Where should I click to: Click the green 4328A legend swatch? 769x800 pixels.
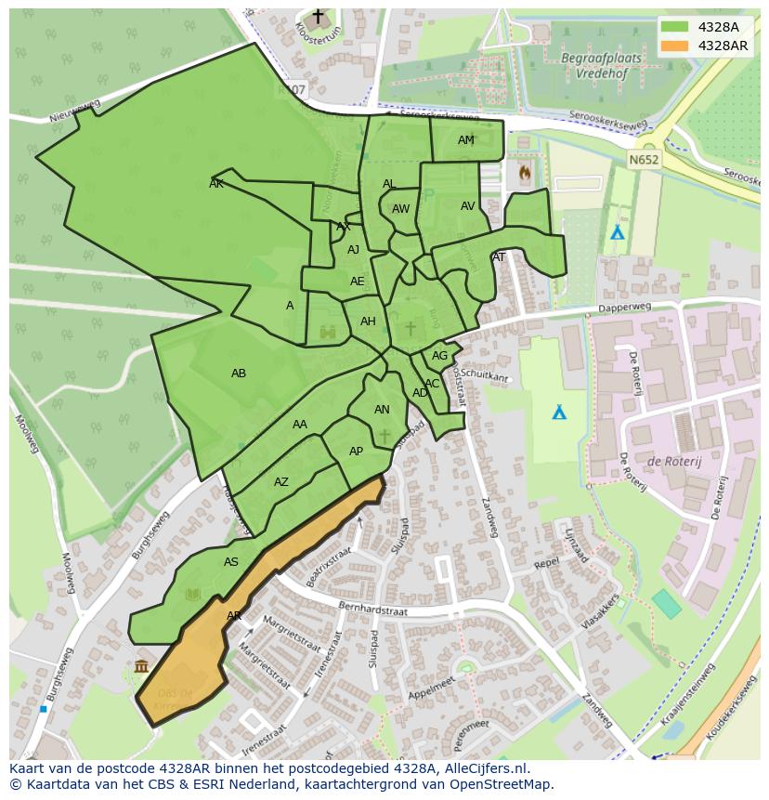(x=674, y=27)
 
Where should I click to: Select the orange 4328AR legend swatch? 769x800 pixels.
(x=674, y=46)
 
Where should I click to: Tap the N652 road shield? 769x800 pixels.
(x=643, y=159)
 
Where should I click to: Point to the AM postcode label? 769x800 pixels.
(x=466, y=140)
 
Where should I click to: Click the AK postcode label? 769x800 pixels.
(x=216, y=184)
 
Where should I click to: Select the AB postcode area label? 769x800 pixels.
(x=239, y=374)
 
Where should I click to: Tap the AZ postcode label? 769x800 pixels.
(x=281, y=482)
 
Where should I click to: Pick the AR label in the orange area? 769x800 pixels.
(x=234, y=616)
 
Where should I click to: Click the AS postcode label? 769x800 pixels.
(x=231, y=562)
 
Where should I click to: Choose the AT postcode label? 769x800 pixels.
(x=499, y=257)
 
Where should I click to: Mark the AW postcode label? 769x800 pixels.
(x=400, y=209)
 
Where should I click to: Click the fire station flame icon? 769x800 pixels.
(x=525, y=172)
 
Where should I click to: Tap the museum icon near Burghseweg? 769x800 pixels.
(x=141, y=665)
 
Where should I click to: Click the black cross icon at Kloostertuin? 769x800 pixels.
(x=318, y=17)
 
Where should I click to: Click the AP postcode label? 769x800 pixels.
(x=356, y=452)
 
